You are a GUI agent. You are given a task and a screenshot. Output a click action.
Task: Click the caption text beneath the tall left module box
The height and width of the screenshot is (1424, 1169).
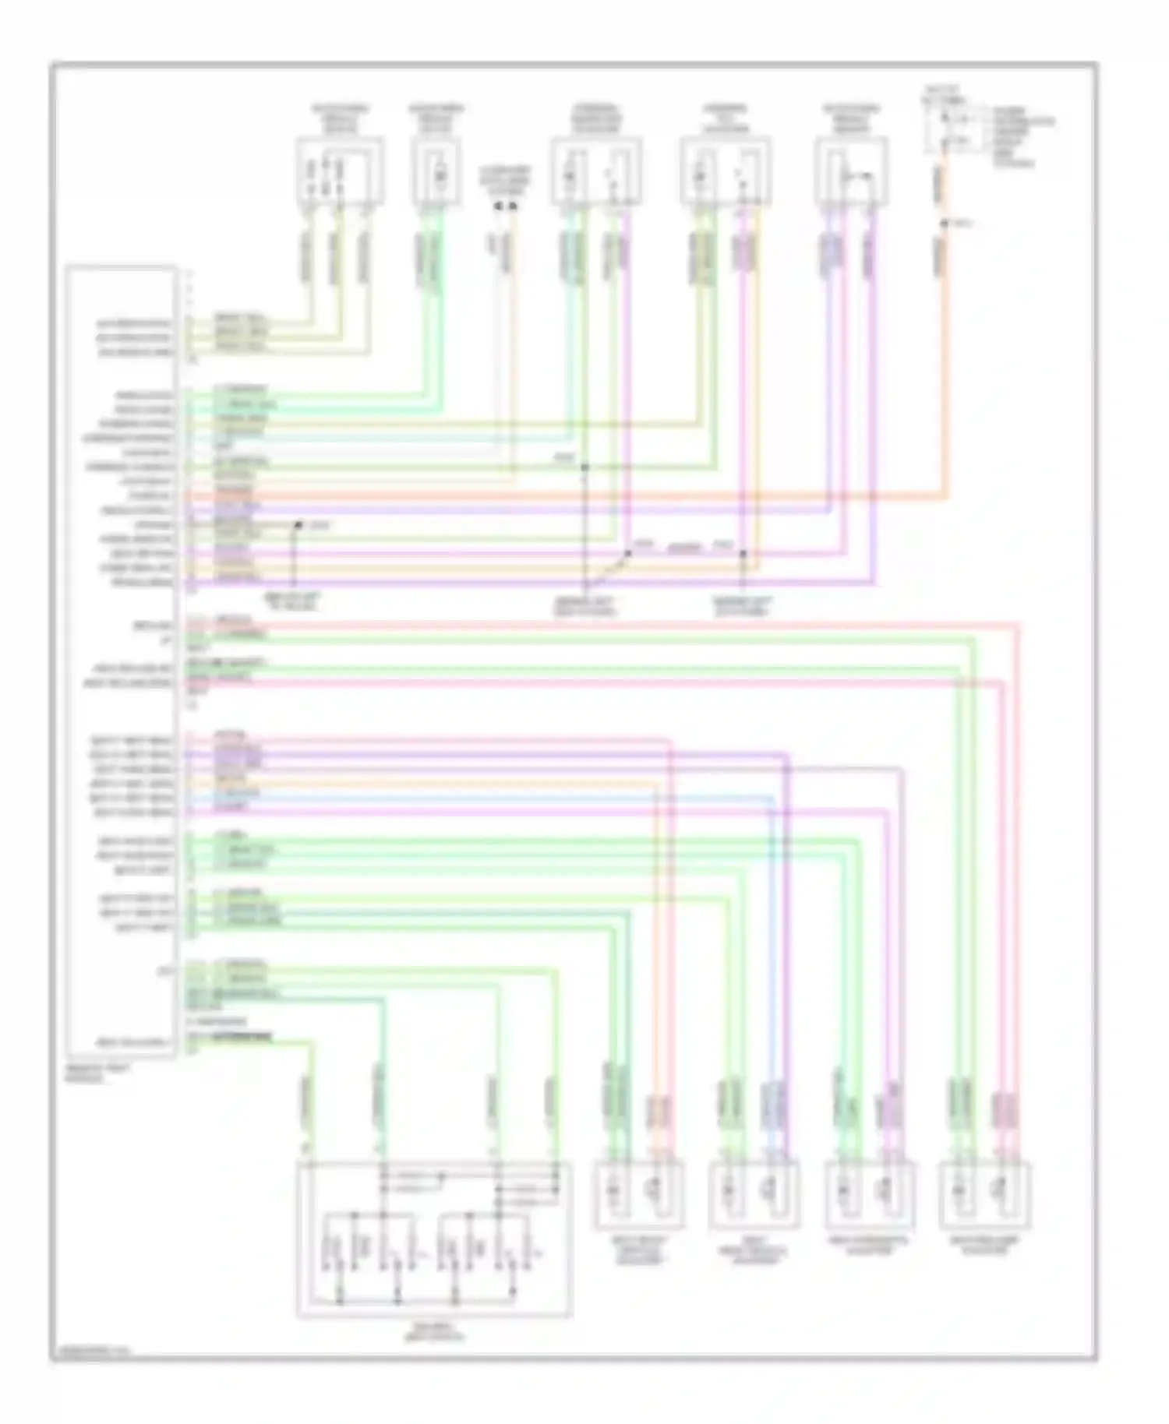87,1075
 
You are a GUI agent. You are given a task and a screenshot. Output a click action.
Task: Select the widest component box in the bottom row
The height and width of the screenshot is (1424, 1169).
433,1239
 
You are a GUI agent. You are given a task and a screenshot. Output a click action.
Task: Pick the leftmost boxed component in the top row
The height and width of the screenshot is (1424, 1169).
339,171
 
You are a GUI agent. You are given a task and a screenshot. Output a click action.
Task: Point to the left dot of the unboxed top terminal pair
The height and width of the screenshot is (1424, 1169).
497,206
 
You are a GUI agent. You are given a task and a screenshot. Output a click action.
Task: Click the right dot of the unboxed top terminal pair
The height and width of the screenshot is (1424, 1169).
513,206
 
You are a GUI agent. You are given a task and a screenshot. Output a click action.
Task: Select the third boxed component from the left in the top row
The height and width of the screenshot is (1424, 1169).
596,171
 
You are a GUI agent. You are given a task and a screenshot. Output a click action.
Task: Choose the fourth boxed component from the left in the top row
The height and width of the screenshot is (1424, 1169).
726,171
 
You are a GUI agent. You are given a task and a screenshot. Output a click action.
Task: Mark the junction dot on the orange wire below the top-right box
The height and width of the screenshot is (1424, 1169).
943,224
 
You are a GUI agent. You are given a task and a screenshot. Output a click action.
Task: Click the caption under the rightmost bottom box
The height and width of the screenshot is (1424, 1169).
985,1246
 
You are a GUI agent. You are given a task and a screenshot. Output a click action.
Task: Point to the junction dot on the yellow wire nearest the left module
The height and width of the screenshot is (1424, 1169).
296,526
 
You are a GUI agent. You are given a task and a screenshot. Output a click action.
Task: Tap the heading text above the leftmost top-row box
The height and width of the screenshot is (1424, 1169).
340,118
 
